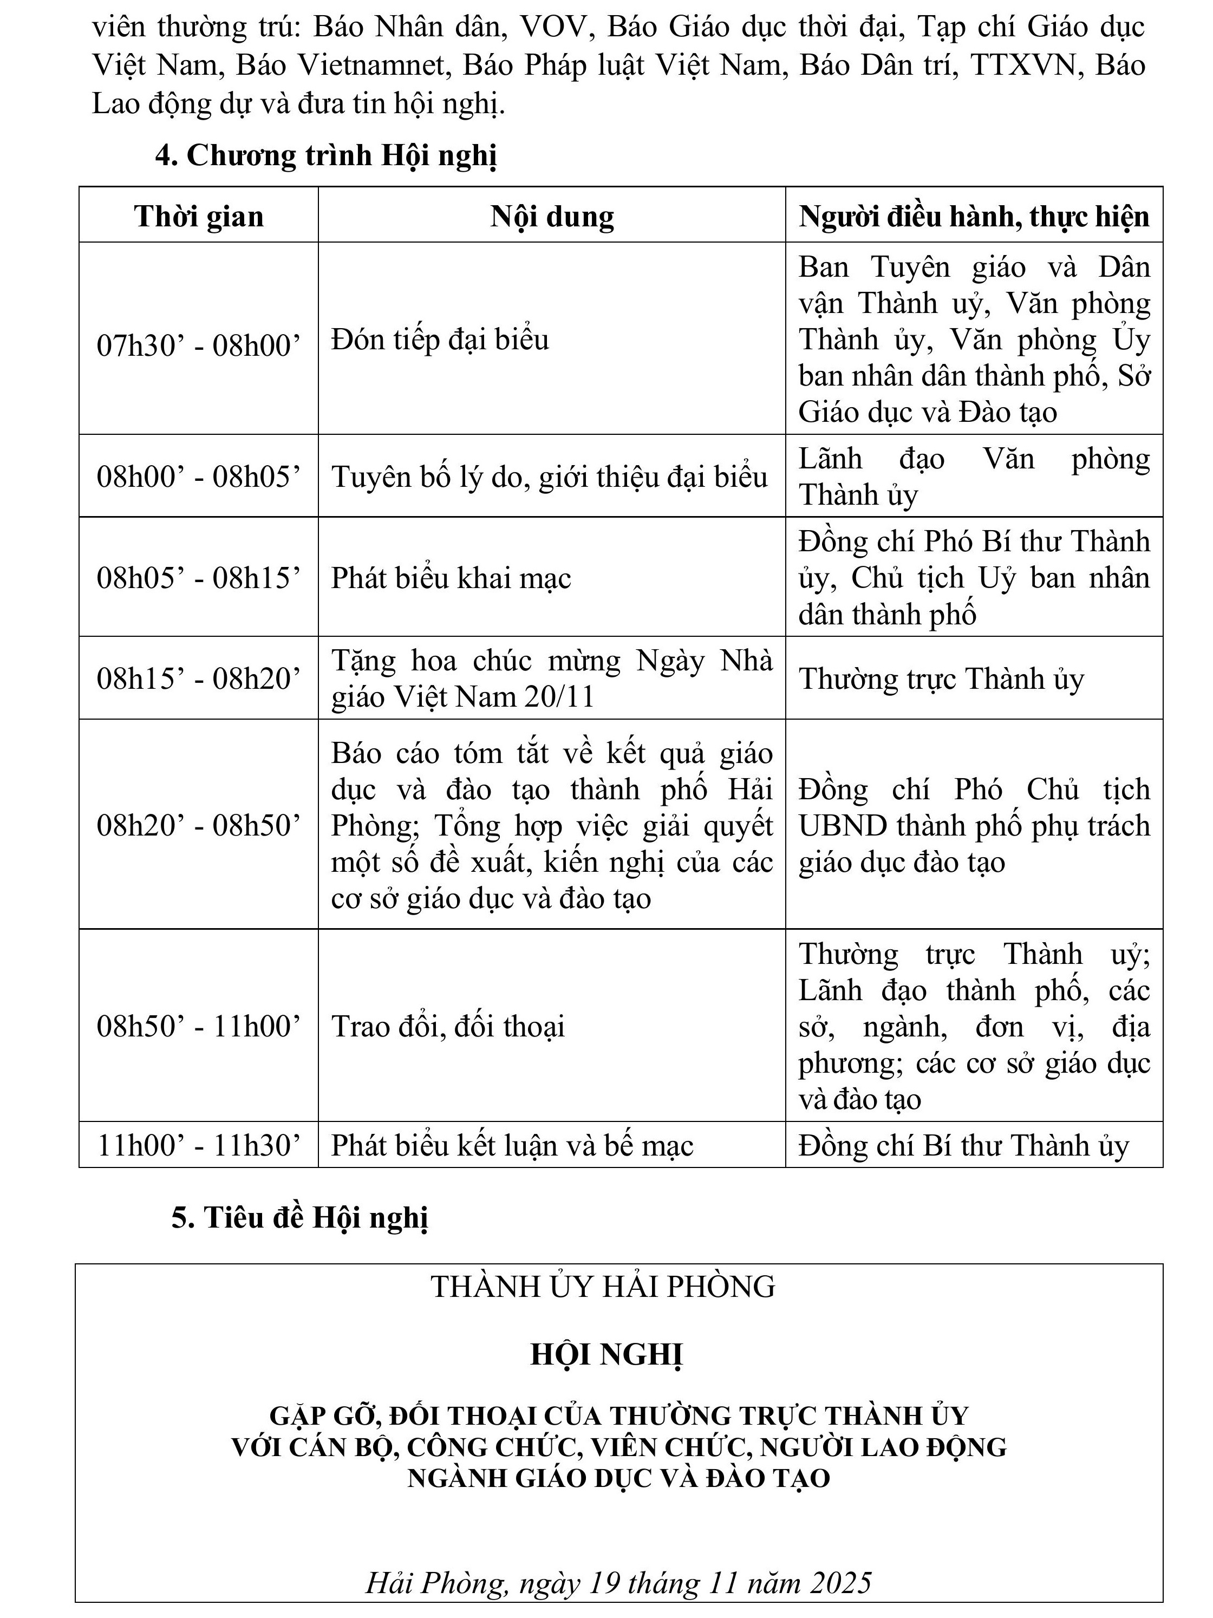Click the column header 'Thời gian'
click(198, 217)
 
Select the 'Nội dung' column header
click(552, 217)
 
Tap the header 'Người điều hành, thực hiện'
click(974, 217)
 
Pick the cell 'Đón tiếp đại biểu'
click(440, 340)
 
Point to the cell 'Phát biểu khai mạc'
click(451, 578)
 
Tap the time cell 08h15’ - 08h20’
click(198, 679)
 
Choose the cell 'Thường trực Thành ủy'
click(940, 679)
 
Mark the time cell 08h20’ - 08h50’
click(198, 825)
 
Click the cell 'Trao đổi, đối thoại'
click(448, 1026)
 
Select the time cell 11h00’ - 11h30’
click(198, 1145)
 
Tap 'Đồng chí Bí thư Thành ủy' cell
click(963, 1145)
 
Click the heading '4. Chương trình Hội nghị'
click(325, 156)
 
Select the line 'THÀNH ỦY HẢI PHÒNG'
click(603, 1287)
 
